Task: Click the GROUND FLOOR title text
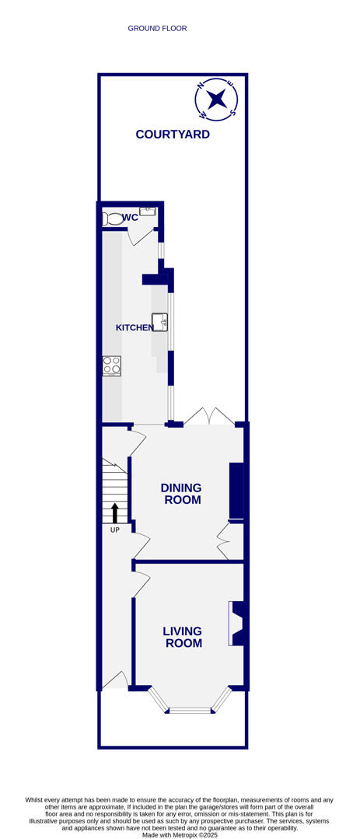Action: (x=157, y=29)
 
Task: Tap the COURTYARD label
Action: (x=173, y=134)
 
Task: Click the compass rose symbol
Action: (x=217, y=99)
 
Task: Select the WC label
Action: (x=130, y=218)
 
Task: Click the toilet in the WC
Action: (x=110, y=219)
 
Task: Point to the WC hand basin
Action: (x=147, y=211)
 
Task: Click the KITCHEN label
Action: (x=135, y=327)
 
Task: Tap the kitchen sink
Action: (x=160, y=321)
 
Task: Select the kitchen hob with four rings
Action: (x=111, y=365)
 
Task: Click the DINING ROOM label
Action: (x=181, y=494)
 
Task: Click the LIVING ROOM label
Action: (x=183, y=637)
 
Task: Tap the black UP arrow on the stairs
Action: (x=115, y=513)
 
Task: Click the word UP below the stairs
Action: (x=114, y=530)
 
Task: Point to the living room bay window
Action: (x=190, y=703)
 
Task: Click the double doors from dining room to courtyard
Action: (x=209, y=417)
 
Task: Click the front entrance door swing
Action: (x=116, y=680)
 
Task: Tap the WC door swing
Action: (x=142, y=236)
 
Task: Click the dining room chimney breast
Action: (x=236, y=490)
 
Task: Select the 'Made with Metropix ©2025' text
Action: (x=179, y=835)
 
